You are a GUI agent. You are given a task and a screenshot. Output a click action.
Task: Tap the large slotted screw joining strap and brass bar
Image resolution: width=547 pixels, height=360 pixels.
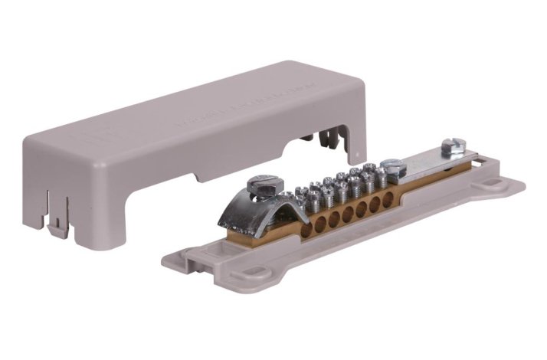click(x=392, y=167)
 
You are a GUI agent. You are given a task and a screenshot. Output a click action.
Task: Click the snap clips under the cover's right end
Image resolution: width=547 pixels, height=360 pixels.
click(x=326, y=142)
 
